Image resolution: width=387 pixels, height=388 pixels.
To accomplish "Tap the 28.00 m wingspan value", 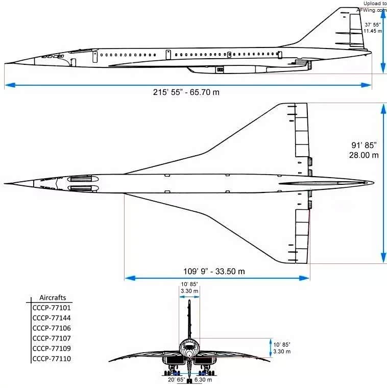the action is pyautogui.click(x=364, y=155).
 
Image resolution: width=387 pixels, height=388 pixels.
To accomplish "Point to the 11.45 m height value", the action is pyautogui.click(x=373, y=31).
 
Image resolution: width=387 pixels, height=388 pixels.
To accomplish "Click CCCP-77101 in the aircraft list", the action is pyautogui.click(x=52, y=308).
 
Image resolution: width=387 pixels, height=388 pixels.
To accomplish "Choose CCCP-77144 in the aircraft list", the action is pyautogui.click(x=52, y=318).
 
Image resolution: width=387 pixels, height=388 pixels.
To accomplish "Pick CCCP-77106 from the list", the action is pyautogui.click(x=52, y=328).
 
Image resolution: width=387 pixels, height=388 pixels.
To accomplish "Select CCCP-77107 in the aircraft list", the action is pyautogui.click(x=52, y=338).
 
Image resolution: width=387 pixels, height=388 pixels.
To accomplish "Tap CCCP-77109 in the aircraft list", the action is pyautogui.click(x=52, y=348).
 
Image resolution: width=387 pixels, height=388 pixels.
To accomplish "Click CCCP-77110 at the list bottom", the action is pyautogui.click(x=52, y=358).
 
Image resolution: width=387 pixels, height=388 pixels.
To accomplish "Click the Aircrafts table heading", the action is pyautogui.click(x=53, y=298).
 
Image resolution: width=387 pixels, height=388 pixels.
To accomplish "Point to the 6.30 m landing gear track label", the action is pyautogui.click(x=203, y=380).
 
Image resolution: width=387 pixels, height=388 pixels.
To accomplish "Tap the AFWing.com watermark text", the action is pyautogui.click(x=372, y=10).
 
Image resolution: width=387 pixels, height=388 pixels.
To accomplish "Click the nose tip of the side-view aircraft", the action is pyautogui.click(x=5, y=64).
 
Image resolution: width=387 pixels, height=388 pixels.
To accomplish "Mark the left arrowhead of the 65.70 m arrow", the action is pyautogui.click(x=10, y=85).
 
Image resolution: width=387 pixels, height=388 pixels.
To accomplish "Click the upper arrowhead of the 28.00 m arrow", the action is pyautogui.click(x=383, y=108).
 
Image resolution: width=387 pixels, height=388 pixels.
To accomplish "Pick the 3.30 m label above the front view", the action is pyautogui.click(x=189, y=291).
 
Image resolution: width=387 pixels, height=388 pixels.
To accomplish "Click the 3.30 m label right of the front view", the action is pyautogui.click(x=282, y=351).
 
